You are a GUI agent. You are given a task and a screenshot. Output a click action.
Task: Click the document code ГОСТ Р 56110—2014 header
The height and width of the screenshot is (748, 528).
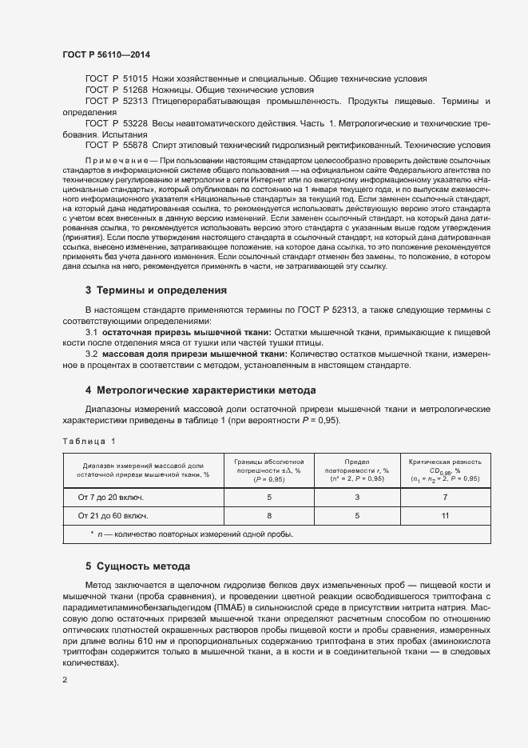(x=105, y=54)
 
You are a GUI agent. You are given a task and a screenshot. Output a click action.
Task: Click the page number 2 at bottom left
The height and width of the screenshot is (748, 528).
(x=65, y=680)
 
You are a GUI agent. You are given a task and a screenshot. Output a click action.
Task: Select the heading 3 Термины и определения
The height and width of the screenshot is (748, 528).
(x=156, y=290)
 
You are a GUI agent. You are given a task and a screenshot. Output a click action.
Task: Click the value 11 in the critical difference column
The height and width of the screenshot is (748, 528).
(x=444, y=515)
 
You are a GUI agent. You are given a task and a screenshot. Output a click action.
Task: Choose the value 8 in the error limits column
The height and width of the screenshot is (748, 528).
(x=269, y=515)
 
